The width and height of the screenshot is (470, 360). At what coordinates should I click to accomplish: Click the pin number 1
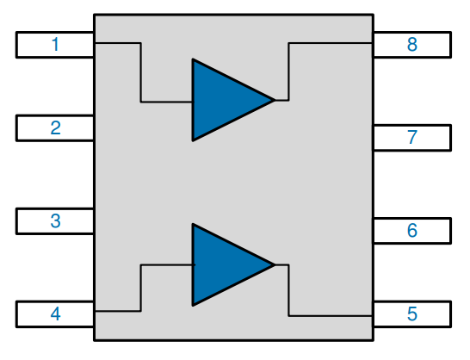(55, 45)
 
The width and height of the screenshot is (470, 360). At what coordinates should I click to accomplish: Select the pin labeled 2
(55, 127)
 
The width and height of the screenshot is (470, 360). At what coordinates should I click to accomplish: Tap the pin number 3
(55, 220)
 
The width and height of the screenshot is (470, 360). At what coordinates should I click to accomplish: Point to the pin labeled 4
(55, 314)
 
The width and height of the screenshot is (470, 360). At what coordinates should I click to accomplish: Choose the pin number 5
(412, 314)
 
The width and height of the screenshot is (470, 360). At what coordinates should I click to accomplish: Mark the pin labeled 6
(412, 231)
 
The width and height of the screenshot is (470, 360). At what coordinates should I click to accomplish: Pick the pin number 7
(412, 137)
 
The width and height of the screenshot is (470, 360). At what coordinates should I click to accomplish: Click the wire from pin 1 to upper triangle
(141, 73)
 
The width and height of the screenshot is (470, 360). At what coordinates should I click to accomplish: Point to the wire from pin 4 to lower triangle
(141, 289)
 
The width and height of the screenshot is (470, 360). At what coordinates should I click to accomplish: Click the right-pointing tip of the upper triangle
(273, 100)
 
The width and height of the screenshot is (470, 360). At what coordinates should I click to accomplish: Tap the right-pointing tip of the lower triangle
(273, 265)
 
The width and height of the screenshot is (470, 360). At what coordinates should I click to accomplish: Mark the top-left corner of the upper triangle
(194, 60)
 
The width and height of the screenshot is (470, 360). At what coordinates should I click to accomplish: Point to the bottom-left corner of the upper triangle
(194, 140)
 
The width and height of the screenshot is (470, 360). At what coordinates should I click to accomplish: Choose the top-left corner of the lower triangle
(194, 226)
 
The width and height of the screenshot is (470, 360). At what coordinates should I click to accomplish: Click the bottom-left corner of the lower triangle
(194, 305)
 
